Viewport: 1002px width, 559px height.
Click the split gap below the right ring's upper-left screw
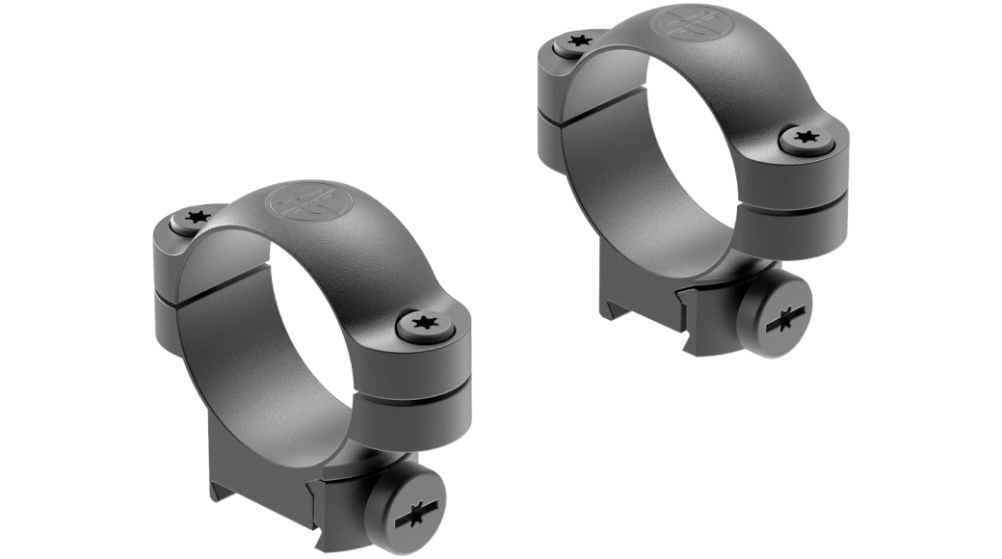click(568, 113)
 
